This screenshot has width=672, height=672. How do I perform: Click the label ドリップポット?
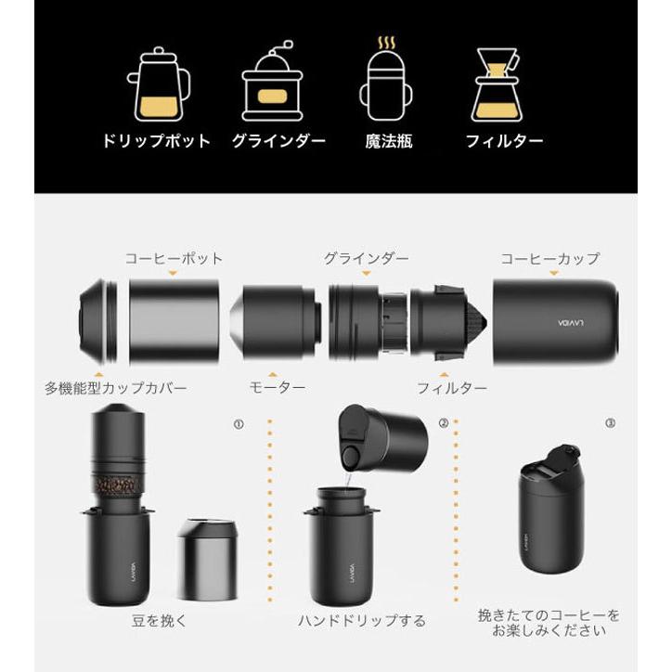tap(157, 142)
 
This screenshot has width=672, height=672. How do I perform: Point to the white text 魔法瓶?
tap(385, 142)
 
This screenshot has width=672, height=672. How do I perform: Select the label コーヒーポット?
tap(174, 259)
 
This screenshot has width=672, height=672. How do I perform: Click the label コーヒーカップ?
tap(549, 259)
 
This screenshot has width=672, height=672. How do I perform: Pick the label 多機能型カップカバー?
tap(115, 385)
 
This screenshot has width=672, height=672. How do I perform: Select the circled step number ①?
tap(239, 422)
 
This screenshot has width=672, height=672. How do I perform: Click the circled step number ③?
tap(609, 422)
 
